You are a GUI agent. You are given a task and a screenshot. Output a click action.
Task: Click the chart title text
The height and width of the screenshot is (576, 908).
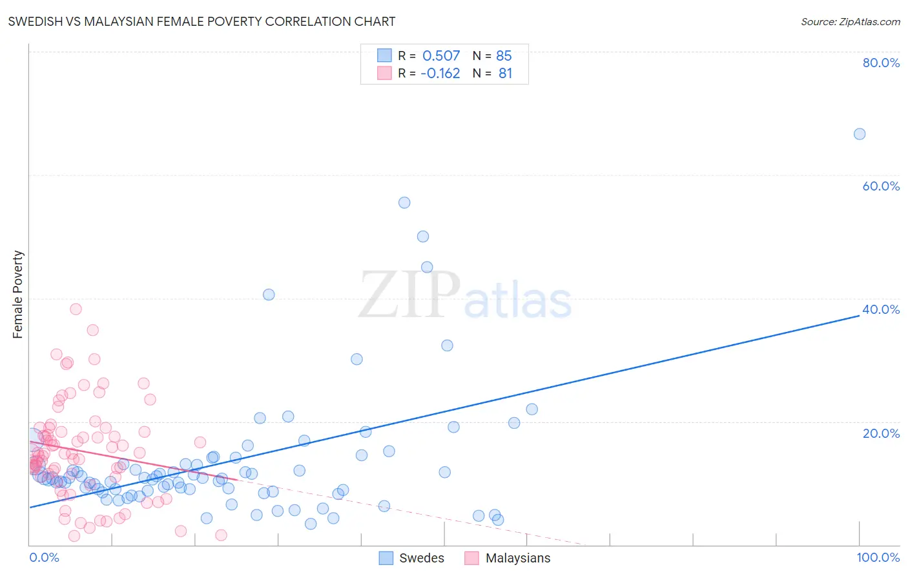[x=201, y=21]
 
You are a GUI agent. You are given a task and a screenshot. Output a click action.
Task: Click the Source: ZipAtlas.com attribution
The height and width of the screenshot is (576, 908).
[x=850, y=21]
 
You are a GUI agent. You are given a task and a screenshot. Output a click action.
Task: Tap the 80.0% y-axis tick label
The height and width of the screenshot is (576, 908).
[x=881, y=63]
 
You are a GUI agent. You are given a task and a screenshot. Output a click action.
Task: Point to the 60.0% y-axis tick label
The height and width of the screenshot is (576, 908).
[x=881, y=186]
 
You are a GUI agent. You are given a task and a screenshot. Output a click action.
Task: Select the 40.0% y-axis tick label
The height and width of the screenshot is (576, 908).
[x=881, y=309]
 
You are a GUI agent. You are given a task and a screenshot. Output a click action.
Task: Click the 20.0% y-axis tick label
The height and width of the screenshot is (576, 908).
[x=881, y=433]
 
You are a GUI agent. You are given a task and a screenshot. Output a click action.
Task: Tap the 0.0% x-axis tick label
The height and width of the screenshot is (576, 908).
[x=44, y=557]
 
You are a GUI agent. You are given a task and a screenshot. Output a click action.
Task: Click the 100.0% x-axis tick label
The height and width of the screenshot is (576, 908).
[x=878, y=557]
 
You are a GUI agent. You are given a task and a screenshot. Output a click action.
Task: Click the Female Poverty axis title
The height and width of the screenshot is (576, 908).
[x=18, y=294]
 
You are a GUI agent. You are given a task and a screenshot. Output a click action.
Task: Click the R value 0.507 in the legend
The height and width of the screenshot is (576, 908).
[x=441, y=56]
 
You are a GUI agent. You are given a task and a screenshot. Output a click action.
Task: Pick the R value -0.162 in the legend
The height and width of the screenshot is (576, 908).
[x=440, y=73]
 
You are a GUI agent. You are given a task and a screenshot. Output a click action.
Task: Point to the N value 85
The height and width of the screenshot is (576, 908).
[x=504, y=56]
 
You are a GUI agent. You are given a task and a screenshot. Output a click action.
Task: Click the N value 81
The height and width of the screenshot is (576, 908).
[x=505, y=73]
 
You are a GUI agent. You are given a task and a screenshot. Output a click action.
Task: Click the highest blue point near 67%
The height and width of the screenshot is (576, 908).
[x=860, y=134]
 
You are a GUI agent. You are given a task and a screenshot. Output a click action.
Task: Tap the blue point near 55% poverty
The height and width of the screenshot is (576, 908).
[x=404, y=202]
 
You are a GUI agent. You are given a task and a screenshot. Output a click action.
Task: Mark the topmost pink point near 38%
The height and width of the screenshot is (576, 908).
[x=76, y=309]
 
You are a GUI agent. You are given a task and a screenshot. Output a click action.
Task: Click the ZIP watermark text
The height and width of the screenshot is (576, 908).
[x=409, y=295]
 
